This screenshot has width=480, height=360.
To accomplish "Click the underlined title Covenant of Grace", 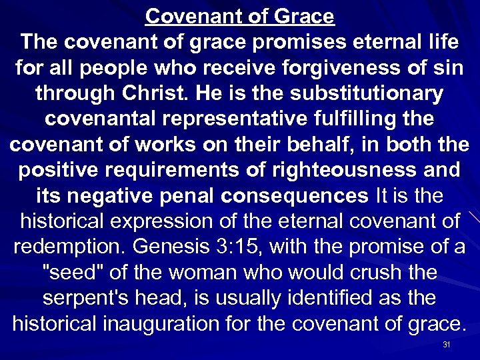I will coord(240,15).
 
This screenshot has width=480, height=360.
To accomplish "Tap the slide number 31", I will coord(446,345).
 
